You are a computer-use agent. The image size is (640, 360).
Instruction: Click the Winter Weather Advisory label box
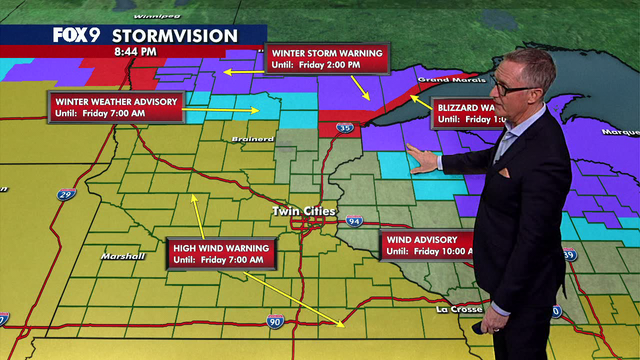tap(118, 107)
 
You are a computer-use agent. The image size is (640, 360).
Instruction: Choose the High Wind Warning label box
tap(219, 253)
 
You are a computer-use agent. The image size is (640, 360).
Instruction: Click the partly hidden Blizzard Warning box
tap(465, 113)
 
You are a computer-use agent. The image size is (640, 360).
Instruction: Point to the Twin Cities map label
tap(299, 211)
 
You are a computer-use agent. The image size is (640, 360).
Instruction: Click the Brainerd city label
tap(257, 138)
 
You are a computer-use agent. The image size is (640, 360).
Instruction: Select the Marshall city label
tap(122, 256)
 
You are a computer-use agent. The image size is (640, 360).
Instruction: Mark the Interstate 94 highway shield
tap(354, 220)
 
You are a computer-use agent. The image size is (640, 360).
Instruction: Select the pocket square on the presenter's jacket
tap(504, 172)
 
